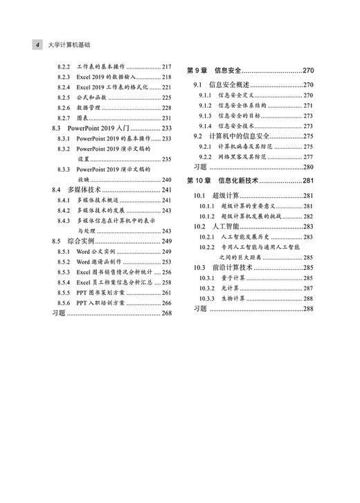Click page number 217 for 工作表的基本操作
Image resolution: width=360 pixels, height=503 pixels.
pos(167,66)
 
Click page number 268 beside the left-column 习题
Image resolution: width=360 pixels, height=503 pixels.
pos(167,313)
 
